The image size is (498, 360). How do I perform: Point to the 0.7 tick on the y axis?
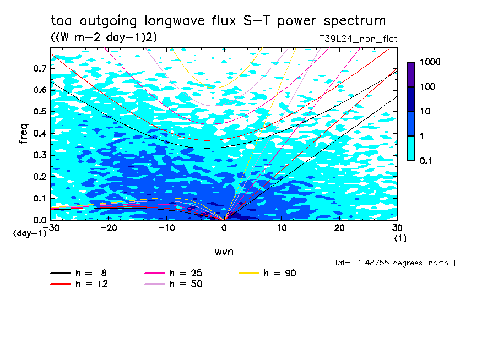coord(39,68)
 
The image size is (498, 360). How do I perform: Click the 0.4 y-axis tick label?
coord(39,133)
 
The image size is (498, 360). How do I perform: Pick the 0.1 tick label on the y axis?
coord(39,198)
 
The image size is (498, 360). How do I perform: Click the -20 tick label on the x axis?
coord(108,228)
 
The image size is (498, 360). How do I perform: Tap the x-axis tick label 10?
coord(282,228)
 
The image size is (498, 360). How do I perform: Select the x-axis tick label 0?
coord(224,228)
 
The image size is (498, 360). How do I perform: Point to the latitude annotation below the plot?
coord(391,263)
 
